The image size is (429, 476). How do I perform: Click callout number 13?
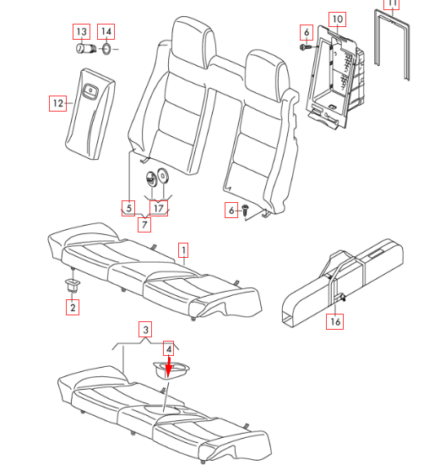coord(82,31)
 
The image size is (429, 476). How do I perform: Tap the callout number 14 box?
coord(106,31)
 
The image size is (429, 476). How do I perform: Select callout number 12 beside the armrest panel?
coord(58,103)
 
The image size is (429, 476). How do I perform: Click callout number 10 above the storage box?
coord(338,19)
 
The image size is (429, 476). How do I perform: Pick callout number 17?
coord(159,208)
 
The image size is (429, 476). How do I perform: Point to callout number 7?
coord(144,225)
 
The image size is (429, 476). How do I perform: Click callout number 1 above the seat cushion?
coord(183,250)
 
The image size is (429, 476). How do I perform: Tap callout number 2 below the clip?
coord(73,307)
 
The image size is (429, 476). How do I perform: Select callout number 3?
coord(145,330)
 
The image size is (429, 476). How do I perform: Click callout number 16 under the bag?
coord(335,321)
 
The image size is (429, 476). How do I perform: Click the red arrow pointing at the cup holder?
coord(169,368)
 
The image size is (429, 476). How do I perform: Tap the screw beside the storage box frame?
coord(307,47)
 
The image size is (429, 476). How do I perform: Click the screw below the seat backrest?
coord(245,210)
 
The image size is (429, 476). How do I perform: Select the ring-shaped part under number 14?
coord(106,48)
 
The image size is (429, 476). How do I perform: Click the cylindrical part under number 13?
coord(86,48)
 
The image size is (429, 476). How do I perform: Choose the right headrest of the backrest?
coord(266,76)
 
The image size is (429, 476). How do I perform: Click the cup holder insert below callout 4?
coord(171,370)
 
